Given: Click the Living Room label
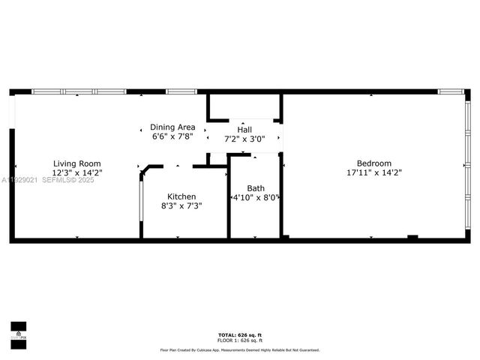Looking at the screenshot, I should (x=76, y=163).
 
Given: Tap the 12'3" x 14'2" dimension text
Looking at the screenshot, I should (x=76, y=172).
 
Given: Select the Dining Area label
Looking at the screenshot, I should (x=172, y=127).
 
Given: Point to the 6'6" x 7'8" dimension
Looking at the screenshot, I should (x=172, y=136).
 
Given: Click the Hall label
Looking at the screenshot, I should (x=244, y=129).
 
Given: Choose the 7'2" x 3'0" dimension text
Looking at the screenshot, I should (x=244, y=139).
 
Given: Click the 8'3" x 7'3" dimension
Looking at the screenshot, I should (x=181, y=205).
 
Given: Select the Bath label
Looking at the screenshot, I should (x=256, y=188).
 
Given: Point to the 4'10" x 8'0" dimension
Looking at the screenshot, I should (x=256, y=198).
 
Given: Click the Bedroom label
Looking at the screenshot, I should (x=373, y=163).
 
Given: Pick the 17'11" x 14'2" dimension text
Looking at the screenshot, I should (x=373, y=172).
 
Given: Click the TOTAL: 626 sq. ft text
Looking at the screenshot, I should (x=239, y=334).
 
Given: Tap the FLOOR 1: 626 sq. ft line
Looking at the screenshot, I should (x=239, y=340).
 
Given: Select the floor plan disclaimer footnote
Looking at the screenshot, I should (x=239, y=349).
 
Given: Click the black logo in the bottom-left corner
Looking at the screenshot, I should (x=18, y=331).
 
